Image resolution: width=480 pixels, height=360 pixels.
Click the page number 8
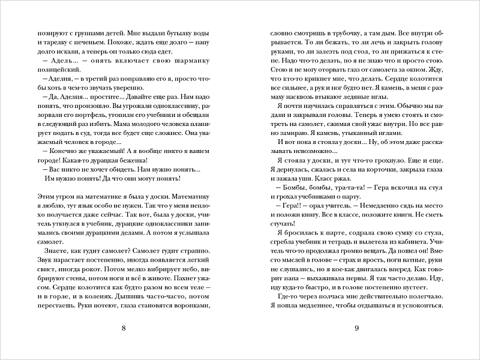click(123, 328)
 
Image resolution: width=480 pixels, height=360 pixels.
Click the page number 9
click(356, 328)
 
